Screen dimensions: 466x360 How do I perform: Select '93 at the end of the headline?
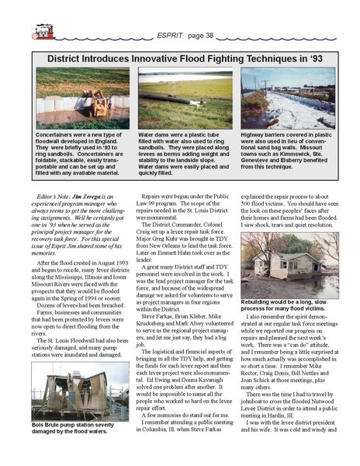click(x=310, y=57)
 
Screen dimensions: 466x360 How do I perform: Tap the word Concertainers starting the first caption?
click(x=59, y=133)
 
